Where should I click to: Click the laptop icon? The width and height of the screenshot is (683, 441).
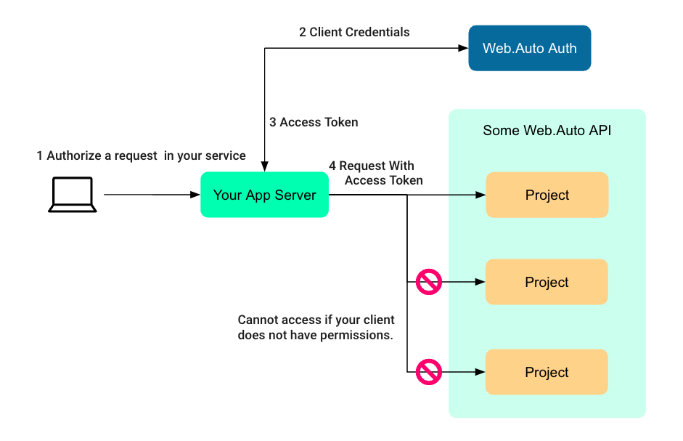[73, 195]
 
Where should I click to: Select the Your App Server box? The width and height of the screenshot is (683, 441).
[264, 195]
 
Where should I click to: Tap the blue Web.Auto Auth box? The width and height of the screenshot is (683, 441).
[529, 49]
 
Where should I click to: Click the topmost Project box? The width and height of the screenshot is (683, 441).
[547, 195]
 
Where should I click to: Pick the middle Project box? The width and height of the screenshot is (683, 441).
[547, 282]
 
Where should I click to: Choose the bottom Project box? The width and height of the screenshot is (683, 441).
[547, 372]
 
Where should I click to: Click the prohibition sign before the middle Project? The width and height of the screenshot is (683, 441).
[428, 282]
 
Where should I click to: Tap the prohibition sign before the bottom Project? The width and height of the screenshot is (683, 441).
[428, 372]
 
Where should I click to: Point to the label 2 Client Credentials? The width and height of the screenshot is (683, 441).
[354, 32]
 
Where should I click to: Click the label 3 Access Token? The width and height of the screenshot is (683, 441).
[314, 122]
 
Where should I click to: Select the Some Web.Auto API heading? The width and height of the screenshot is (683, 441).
[547, 131]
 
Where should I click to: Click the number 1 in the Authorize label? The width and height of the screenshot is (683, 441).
[40, 155]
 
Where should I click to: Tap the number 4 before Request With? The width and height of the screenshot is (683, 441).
[332, 166]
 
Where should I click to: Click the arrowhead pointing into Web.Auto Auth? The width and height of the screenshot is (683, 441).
[463, 49]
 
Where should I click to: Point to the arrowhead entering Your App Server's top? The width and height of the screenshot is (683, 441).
[264, 167]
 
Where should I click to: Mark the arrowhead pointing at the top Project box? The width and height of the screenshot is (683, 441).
[480, 195]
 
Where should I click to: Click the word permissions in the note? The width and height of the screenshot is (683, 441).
[356, 336]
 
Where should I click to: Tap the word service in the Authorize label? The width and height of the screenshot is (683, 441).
[226, 155]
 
